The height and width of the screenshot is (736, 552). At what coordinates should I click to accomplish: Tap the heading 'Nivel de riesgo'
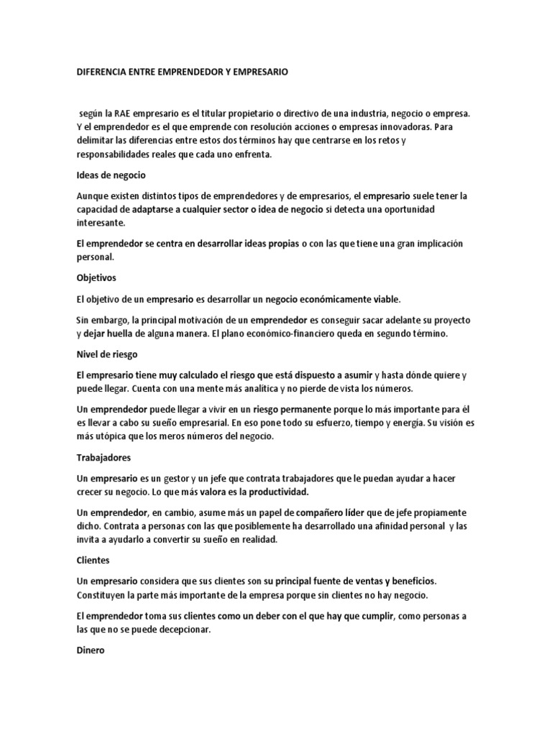pyautogui.click(x=106, y=354)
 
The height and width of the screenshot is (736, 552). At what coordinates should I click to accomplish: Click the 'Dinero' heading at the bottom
pyautogui.click(x=91, y=649)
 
